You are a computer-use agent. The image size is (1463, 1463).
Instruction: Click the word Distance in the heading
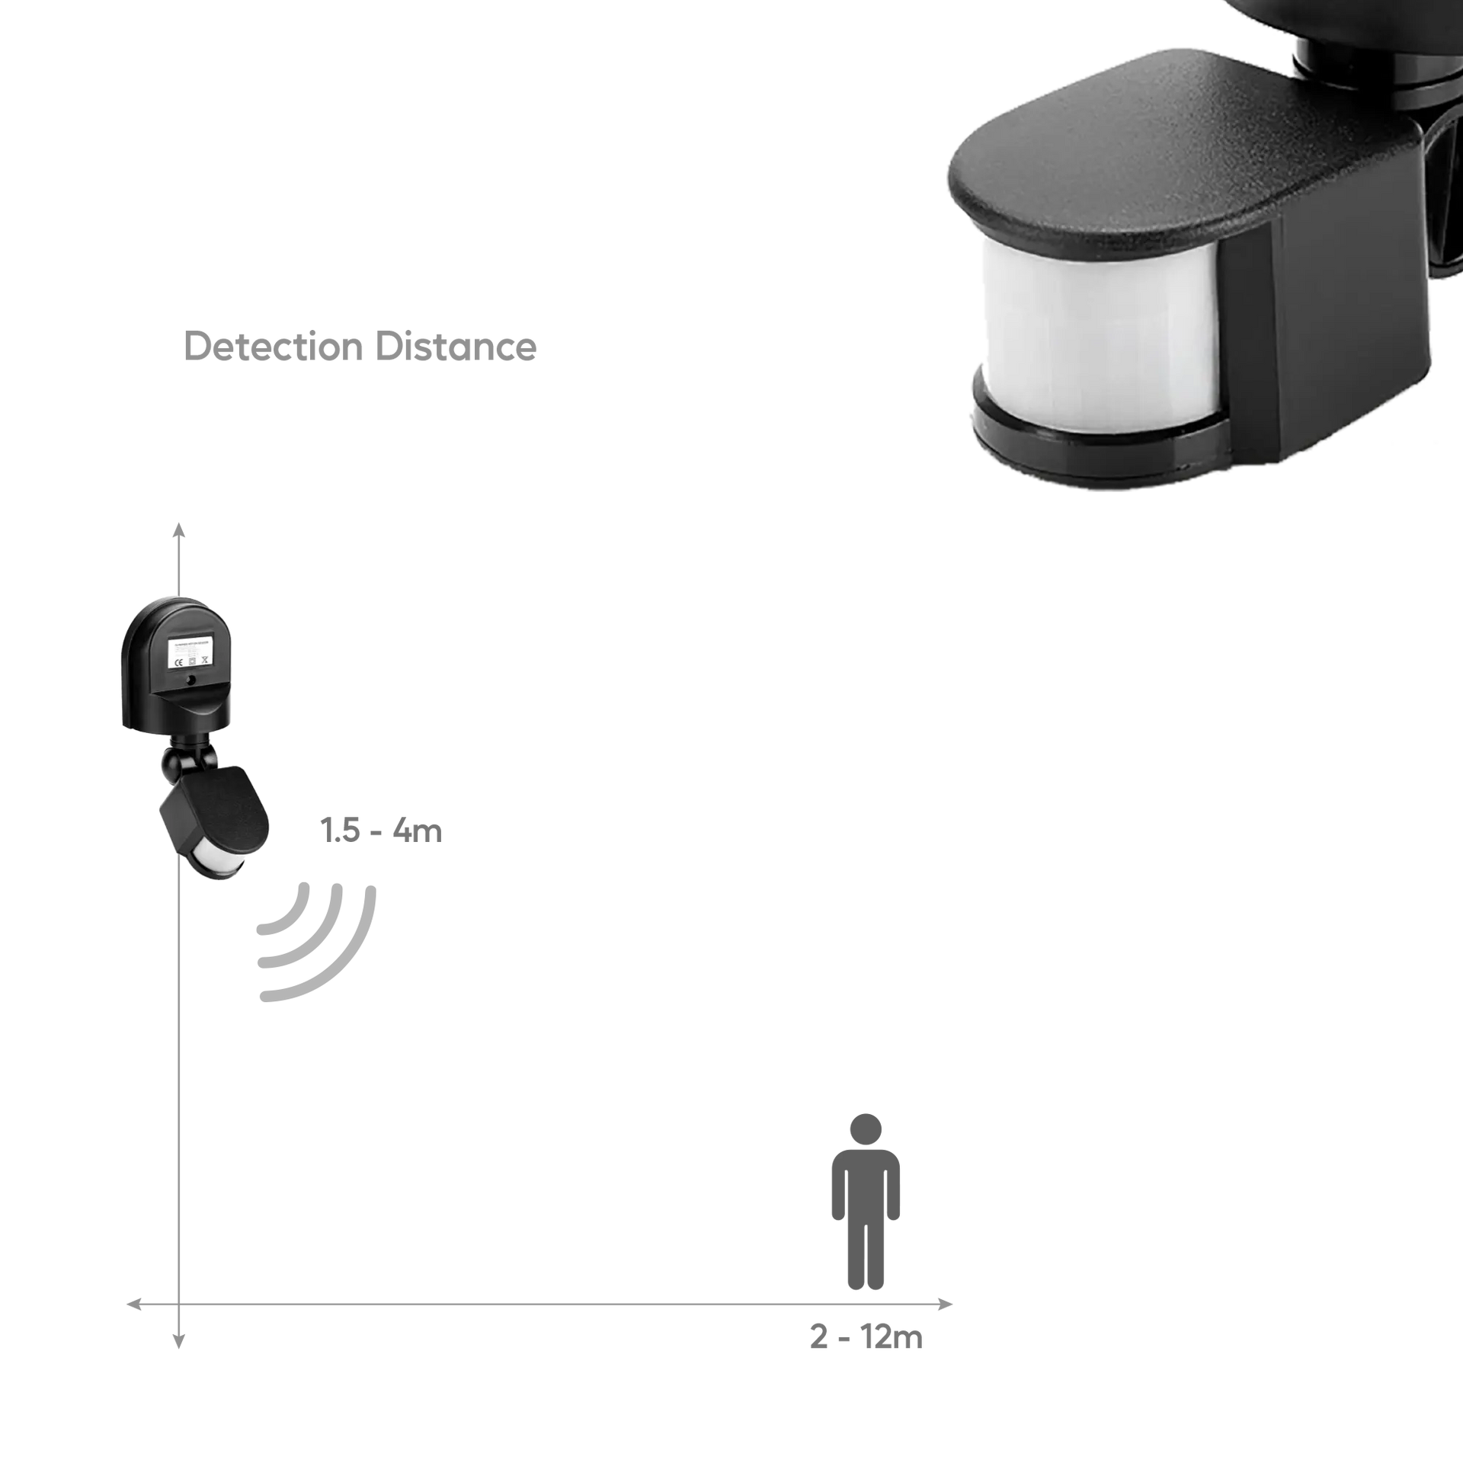456,347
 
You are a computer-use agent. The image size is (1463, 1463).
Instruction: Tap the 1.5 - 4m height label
382,831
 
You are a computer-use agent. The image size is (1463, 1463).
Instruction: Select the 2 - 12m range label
866,1359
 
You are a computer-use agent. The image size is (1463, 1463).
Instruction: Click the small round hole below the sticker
190,679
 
